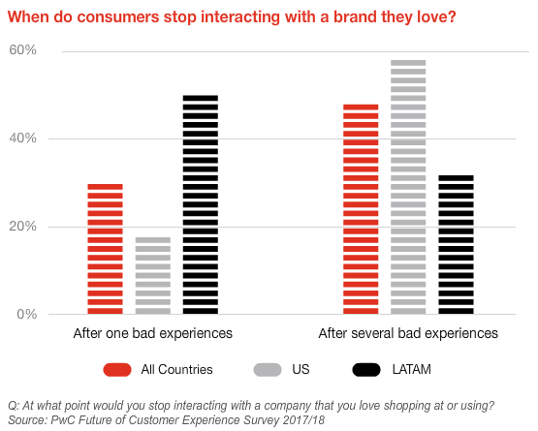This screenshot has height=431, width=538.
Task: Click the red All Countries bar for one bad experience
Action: (105, 249)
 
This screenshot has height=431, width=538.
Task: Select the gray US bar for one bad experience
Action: (153, 276)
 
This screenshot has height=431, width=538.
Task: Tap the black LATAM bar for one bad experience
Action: (201, 204)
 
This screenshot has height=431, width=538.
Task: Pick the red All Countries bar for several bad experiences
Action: (361, 209)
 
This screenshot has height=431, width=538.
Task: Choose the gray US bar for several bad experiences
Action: (408, 187)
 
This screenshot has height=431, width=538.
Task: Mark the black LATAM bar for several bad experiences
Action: (456, 245)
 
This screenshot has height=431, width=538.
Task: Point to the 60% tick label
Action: (22, 50)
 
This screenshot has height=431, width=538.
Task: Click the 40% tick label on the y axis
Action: (22, 139)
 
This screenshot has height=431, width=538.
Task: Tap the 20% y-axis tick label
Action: (22, 227)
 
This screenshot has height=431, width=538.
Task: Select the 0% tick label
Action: (27, 314)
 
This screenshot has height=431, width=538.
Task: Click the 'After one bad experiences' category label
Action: (153, 333)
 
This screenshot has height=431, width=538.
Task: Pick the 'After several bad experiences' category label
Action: (408, 333)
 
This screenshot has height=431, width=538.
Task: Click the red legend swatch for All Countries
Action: (117, 370)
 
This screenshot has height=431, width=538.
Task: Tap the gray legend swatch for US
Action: (268, 370)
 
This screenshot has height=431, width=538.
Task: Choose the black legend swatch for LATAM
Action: (366, 370)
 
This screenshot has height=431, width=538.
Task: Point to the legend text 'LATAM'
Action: (411, 370)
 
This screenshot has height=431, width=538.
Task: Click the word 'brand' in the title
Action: (355, 16)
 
